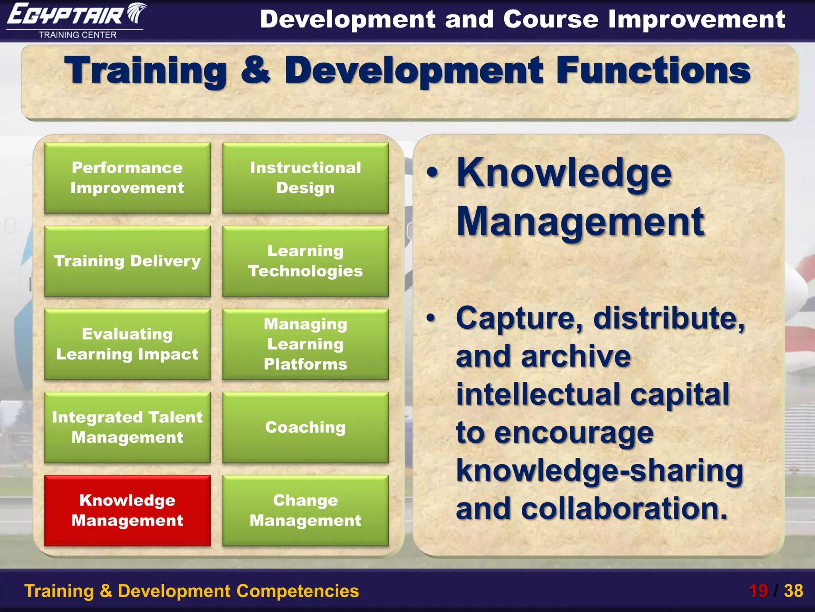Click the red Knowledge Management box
click(127, 510)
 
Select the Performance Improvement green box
click(127, 178)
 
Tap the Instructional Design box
click(305, 178)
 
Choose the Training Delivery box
click(127, 261)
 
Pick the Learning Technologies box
click(305, 261)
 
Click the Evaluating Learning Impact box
click(127, 344)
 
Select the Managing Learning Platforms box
click(305, 344)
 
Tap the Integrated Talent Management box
click(127, 427)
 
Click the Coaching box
click(305, 427)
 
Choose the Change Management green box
click(305, 510)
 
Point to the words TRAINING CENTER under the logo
click(78, 35)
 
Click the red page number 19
click(758, 591)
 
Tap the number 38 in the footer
click(794, 591)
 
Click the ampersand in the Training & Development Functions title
click(255, 71)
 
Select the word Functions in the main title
click(653, 71)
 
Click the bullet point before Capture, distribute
click(431, 318)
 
